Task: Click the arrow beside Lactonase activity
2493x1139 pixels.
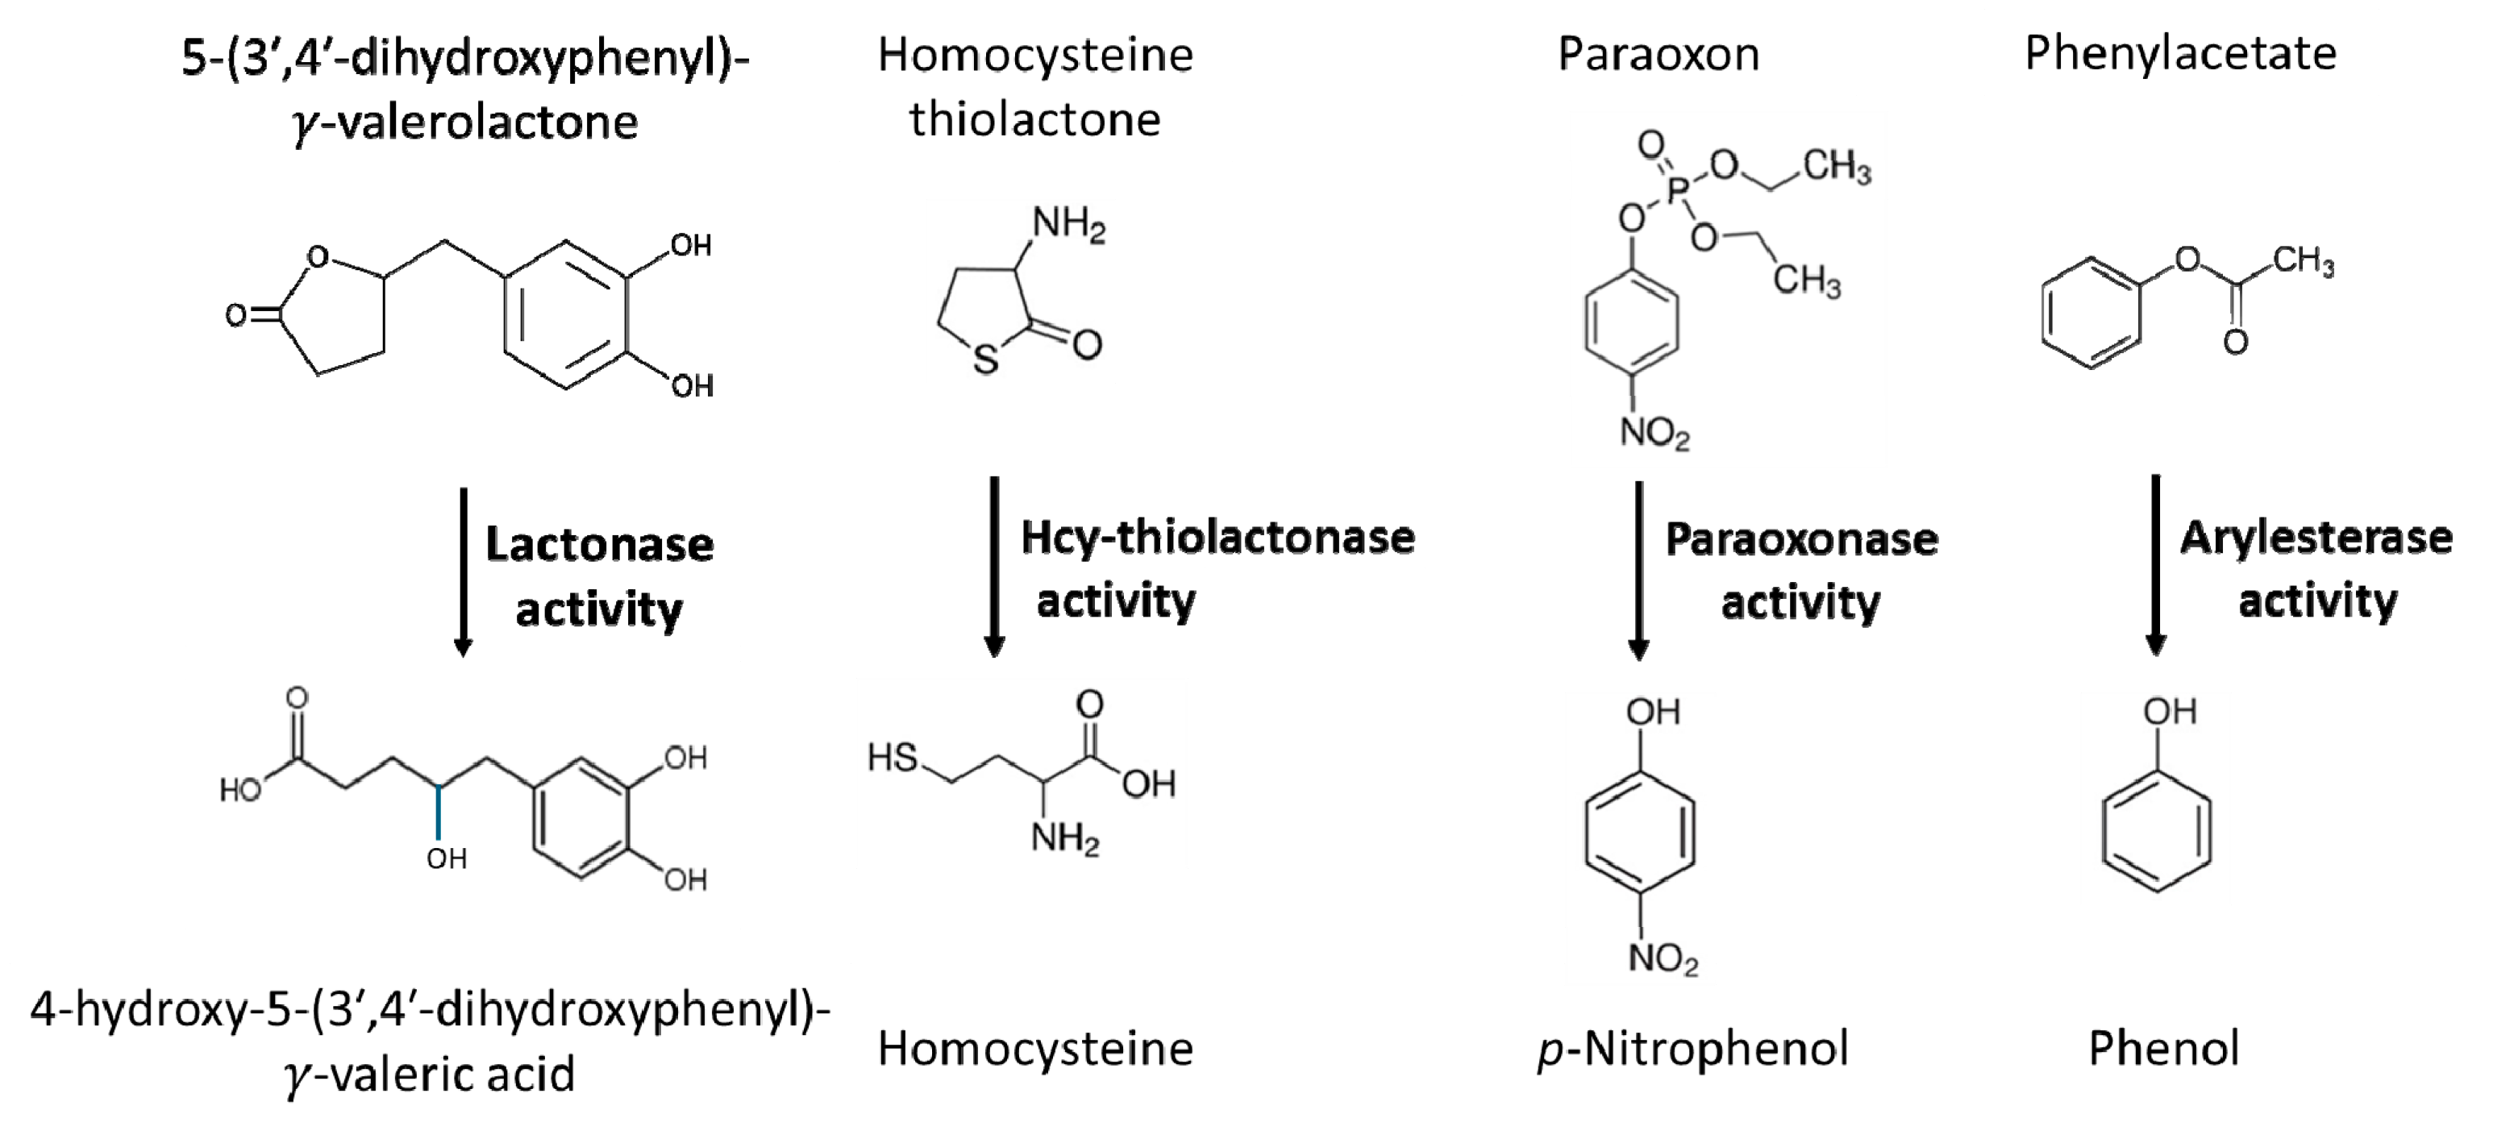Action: (x=463, y=571)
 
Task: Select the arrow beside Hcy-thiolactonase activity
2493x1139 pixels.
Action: (x=994, y=566)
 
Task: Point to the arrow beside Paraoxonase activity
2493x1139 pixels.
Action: (x=1638, y=571)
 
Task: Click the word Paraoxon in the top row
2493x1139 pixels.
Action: (x=1658, y=54)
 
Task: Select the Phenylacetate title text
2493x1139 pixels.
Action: (x=2180, y=54)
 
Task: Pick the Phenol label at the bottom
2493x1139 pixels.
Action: (x=2164, y=1049)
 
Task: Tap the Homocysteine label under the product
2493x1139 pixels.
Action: (x=1034, y=1049)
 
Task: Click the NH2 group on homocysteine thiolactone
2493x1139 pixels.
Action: (x=1068, y=226)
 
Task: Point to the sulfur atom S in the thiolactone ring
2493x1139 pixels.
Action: (x=985, y=361)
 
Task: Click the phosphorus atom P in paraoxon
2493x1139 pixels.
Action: (x=1677, y=191)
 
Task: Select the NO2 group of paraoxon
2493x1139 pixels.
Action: (x=1654, y=434)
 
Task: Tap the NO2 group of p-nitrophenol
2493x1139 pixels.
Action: (x=1663, y=960)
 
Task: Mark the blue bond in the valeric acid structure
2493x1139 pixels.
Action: (x=438, y=811)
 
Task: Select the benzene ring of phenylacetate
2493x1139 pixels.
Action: (x=2091, y=313)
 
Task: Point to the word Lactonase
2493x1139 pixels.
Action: (x=599, y=545)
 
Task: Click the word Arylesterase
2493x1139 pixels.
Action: (x=2316, y=538)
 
